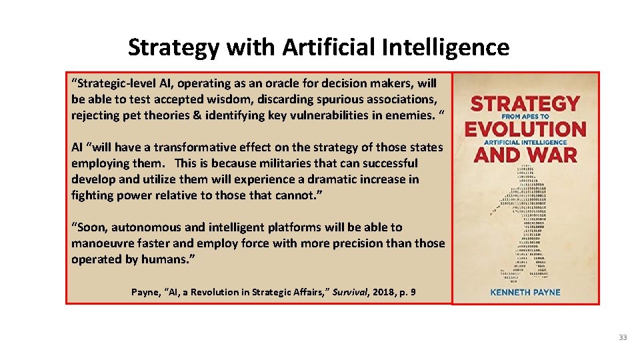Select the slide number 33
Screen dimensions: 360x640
tap(623, 337)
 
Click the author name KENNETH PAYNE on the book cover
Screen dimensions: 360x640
tap(525, 291)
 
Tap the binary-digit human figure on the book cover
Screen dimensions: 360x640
tap(527, 220)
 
